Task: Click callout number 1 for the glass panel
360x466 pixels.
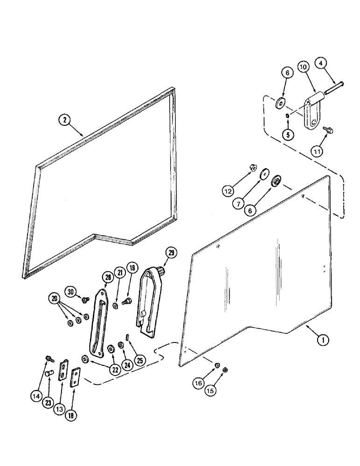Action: click(x=322, y=340)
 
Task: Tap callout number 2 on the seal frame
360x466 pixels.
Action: click(x=66, y=120)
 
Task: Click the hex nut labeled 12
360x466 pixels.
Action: click(x=250, y=166)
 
